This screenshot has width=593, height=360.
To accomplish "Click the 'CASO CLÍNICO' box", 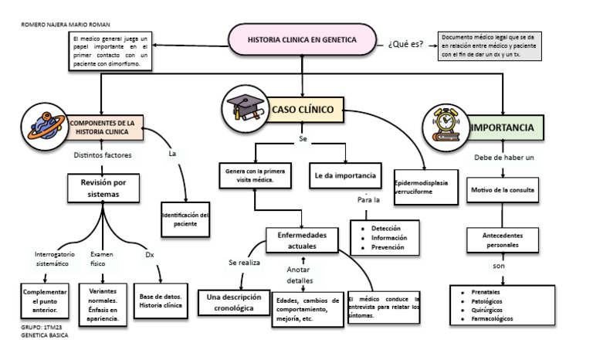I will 302,110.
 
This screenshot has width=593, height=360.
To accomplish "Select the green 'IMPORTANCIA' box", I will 507,127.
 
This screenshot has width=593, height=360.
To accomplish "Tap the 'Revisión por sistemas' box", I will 103,188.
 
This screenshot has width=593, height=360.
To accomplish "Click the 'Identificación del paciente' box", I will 186,218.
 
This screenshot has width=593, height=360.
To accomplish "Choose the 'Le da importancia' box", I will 345,175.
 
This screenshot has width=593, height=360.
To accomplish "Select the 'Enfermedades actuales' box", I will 302,239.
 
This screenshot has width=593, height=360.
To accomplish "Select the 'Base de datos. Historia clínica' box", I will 160,301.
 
